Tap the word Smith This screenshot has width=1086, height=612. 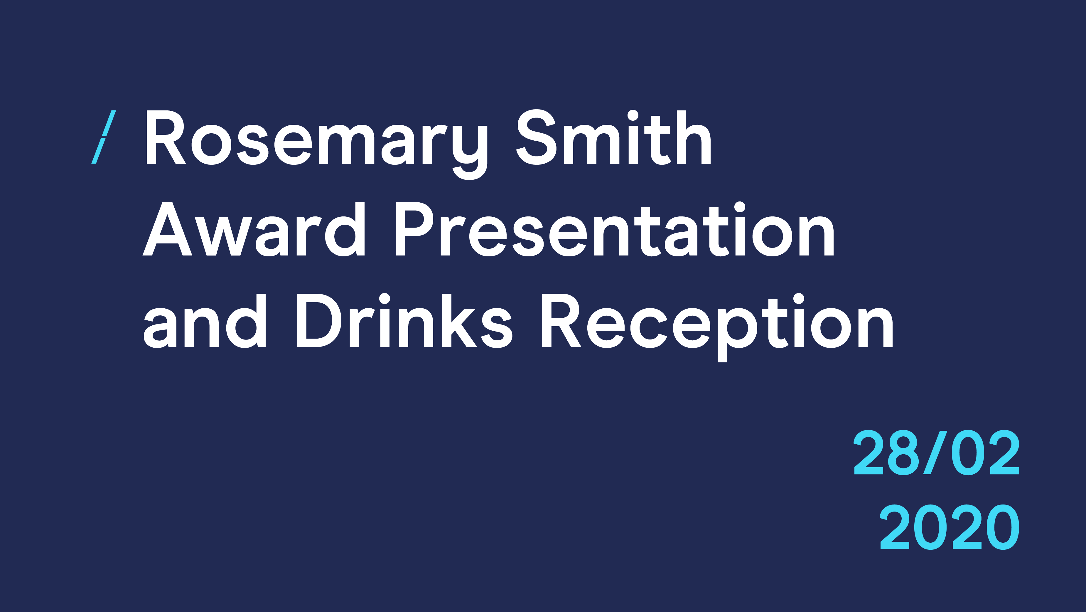(x=614, y=137)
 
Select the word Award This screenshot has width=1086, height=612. (x=253, y=229)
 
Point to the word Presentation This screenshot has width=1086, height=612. (x=615, y=229)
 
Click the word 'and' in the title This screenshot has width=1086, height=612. (x=205, y=321)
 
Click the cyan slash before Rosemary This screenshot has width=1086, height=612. (x=104, y=137)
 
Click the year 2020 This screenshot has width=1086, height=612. (x=950, y=527)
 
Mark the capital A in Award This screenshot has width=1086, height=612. (x=167, y=228)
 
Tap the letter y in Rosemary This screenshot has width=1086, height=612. (x=470, y=152)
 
